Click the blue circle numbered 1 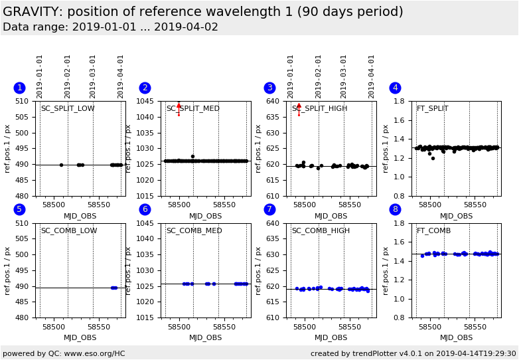19,88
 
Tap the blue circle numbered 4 395,88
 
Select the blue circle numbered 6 145,209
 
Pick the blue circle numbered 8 395,209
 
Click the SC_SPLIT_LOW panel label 68,109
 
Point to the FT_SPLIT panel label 432,109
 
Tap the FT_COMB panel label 433,231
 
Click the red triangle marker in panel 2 179,105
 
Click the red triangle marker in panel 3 299,106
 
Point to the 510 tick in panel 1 25,102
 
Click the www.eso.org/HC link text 93,354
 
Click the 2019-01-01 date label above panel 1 40,76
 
